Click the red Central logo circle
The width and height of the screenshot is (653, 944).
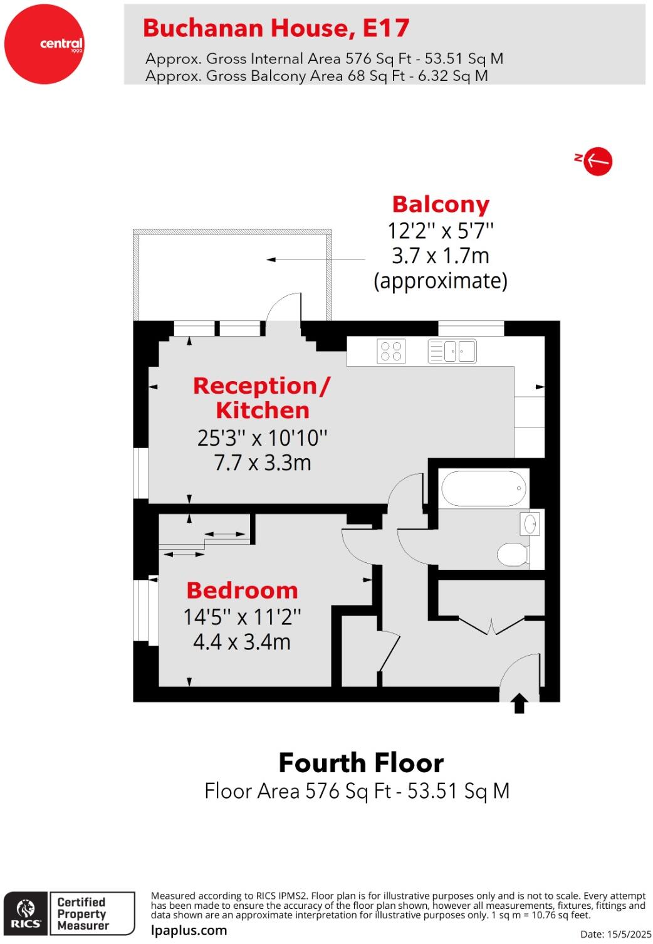(x=44, y=44)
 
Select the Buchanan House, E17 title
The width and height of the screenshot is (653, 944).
(x=276, y=28)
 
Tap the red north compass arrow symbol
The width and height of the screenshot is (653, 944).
(x=597, y=161)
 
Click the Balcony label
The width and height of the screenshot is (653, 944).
(x=441, y=204)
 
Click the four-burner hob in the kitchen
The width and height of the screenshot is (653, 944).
(x=391, y=351)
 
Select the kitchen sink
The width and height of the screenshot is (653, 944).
(x=452, y=351)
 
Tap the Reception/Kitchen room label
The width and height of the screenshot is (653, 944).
(x=262, y=397)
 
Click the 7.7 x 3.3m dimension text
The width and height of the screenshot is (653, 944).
(x=263, y=463)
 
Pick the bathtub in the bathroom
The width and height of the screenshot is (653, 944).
(x=484, y=489)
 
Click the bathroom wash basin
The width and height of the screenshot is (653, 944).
(x=530, y=523)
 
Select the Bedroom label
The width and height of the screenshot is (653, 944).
(x=242, y=590)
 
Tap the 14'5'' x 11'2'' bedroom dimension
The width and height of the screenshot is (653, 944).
(x=242, y=617)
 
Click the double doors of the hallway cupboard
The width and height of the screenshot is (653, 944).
(x=491, y=626)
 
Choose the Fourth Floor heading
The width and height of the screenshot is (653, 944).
(x=361, y=763)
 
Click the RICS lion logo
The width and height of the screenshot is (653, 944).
(x=26, y=913)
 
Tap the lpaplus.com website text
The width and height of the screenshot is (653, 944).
(x=189, y=930)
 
